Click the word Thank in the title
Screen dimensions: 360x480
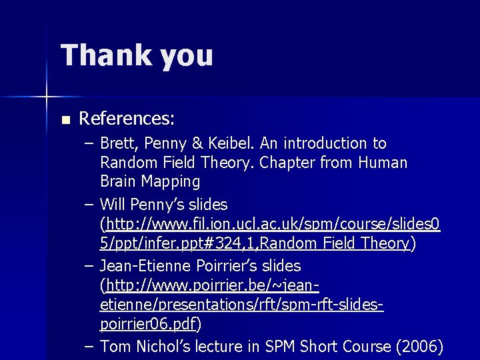[x=105, y=55]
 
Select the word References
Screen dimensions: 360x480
[x=127, y=119]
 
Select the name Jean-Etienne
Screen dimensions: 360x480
[x=146, y=266]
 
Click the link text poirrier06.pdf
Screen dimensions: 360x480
[x=149, y=325]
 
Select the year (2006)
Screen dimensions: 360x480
[x=419, y=347]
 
